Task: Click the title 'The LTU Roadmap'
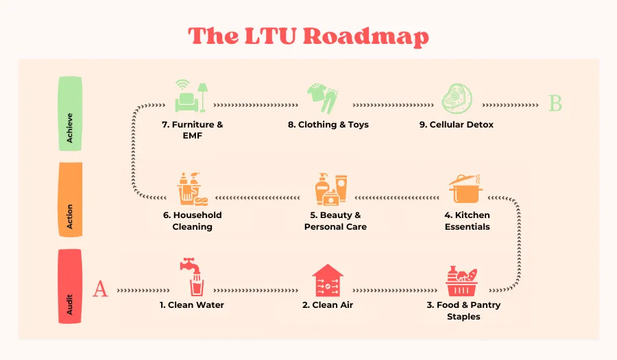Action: (308, 36)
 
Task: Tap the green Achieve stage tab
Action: (70, 113)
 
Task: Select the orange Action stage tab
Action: (70, 200)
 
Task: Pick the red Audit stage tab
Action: (70, 286)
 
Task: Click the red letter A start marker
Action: (100, 289)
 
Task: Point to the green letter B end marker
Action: (555, 104)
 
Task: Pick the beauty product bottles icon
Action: (330, 189)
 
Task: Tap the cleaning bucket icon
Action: (193, 190)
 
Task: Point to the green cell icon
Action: (455, 99)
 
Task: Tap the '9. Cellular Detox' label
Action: (457, 125)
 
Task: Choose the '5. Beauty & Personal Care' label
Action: (335, 221)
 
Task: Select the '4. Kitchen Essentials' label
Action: (467, 221)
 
